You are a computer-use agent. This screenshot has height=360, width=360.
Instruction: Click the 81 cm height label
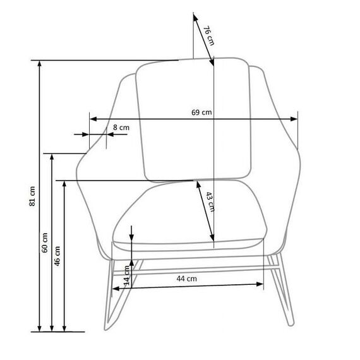click(32, 196)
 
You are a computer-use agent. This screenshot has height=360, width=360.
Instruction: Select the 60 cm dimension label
click(45, 243)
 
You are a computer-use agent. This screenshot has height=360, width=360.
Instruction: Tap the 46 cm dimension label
click(57, 256)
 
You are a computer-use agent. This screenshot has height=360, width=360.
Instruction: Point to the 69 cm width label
click(201, 112)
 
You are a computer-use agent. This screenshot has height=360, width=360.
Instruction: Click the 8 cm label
click(121, 128)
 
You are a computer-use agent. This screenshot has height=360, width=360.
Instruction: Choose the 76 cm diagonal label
click(209, 36)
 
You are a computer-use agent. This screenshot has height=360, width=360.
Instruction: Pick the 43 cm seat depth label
click(210, 202)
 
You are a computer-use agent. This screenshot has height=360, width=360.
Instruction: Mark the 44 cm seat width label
click(187, 279)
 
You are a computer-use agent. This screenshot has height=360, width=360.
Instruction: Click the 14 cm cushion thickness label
click(126, 275)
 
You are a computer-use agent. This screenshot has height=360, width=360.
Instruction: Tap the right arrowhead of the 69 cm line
click(294, 119)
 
